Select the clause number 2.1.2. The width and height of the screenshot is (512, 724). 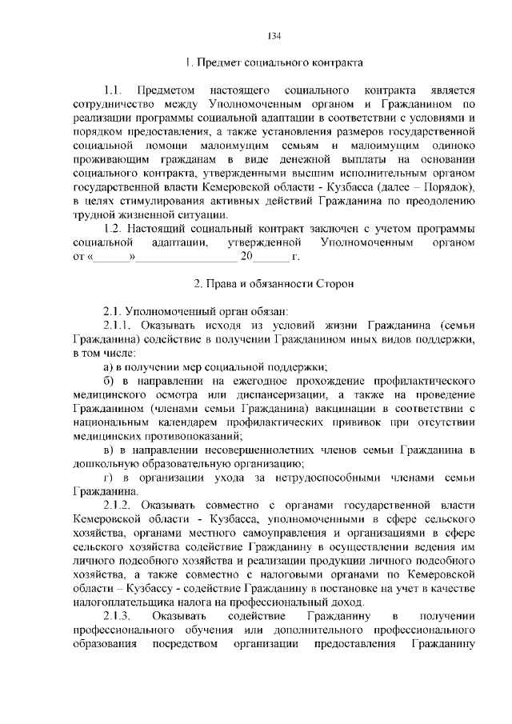tap(118, 506)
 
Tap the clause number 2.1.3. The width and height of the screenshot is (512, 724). tap(118, 615)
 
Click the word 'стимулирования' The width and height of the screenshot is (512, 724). tap(166, 201)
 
